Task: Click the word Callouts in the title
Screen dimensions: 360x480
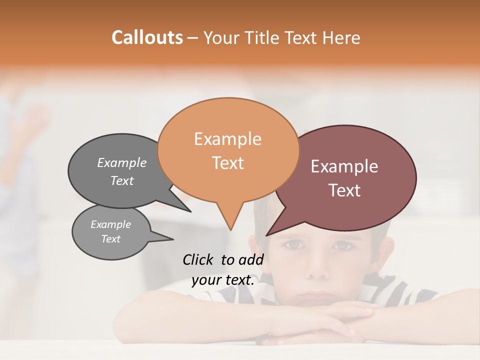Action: coord(147,37)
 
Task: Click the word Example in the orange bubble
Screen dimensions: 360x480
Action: coord(227,139)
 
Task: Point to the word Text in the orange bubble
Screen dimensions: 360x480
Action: coord(227,163)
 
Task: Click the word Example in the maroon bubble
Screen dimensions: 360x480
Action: coord(344,166)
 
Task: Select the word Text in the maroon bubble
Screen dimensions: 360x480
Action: coord(344,190)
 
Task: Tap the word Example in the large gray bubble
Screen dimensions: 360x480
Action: coord(121,163)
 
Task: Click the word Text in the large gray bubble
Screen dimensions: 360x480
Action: coord(121,181)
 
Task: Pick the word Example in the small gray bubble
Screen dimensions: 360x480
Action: coord(110,224)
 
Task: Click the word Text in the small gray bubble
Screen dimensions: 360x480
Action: coord(110,239)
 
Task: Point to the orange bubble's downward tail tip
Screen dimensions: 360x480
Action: coord(230,230)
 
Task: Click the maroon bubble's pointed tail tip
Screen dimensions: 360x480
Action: coord(266,235)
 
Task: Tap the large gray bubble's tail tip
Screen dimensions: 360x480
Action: coord(190,211)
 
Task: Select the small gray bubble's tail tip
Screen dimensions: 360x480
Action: coord(173,239)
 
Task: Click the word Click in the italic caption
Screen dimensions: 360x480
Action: coord(198,259)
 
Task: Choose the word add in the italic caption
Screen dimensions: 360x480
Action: coord(251,259)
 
